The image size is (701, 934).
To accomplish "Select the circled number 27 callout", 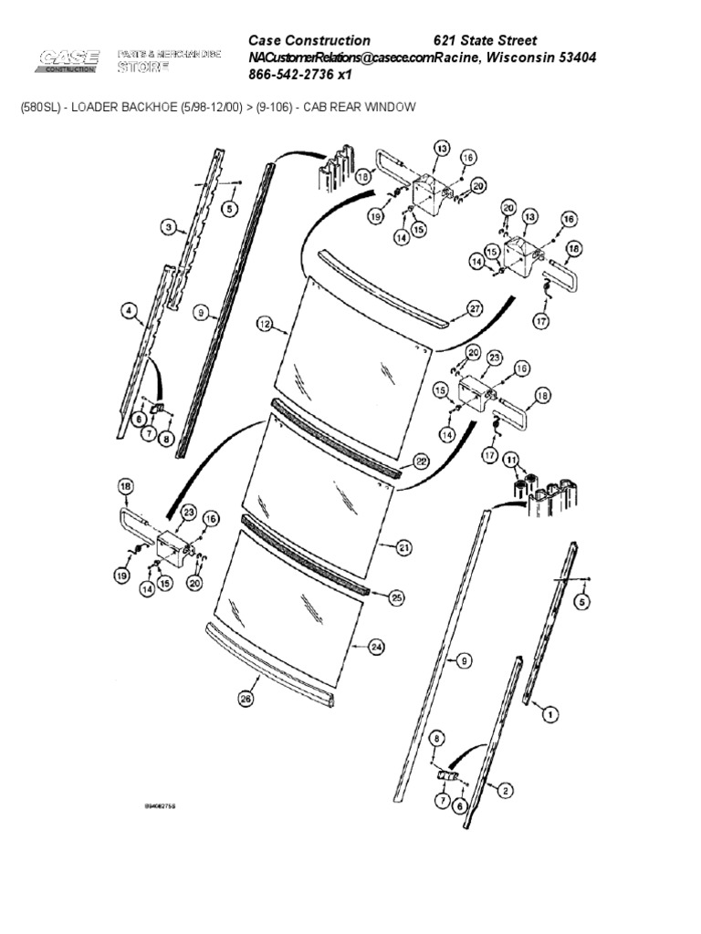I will pos(475,308).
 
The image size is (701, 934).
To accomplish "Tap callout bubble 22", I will pos(421,462).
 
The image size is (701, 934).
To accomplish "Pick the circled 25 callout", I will pos(397,597).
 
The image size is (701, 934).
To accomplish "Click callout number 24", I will pos(375,647).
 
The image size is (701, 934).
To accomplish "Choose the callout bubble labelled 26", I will pos(245,699).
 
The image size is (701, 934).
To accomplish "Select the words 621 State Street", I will pos(485,40).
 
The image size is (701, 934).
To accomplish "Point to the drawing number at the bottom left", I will pos(161,807).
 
